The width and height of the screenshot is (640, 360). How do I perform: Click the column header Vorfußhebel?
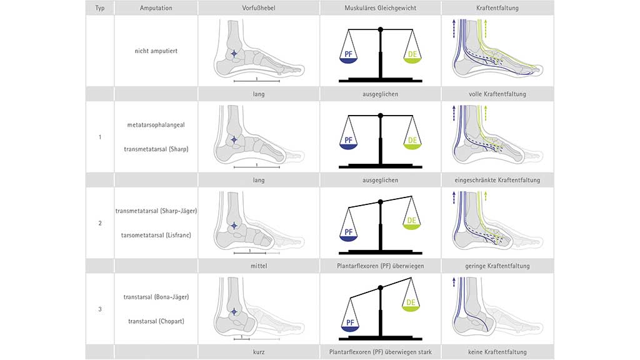coord(259,8)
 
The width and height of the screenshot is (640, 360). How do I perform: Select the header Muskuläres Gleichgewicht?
coord(380,8)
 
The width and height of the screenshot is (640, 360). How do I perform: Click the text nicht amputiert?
coord(156,51)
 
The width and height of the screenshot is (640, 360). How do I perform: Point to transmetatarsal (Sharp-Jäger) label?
coord(156,211)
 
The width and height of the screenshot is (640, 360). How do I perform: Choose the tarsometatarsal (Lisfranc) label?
coord(156,234)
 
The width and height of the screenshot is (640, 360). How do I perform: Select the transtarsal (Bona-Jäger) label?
coord(156,296)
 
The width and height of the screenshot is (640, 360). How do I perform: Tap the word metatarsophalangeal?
coord(156,125)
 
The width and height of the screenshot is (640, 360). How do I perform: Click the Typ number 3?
coord(100,309)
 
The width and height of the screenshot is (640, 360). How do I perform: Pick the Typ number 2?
coord(100,223)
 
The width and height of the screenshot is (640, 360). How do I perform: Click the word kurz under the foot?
coord(259,352)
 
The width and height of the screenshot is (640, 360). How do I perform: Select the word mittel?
coord(259,266)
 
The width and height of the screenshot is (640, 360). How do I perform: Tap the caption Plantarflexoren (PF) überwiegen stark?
coord(380,352)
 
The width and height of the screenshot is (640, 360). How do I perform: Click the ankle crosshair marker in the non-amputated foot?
coord(234,54)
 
